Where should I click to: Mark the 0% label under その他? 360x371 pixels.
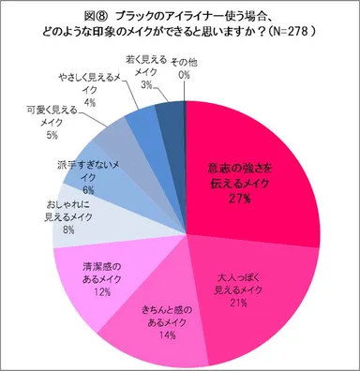pyautogui.click(x=184, y=73)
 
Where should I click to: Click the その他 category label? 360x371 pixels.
pyautogui.click(x=184, y=61)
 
